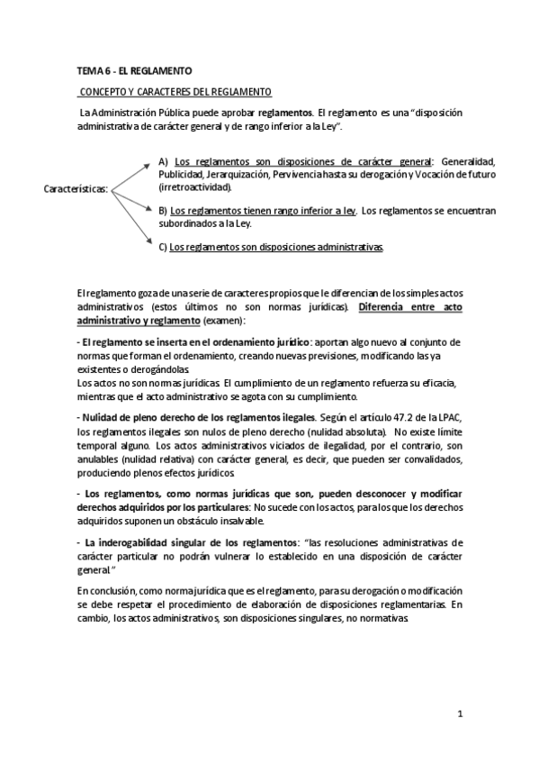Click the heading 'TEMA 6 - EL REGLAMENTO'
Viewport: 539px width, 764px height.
[x=134, y=69]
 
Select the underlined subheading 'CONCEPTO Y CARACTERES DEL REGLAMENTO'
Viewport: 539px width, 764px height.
[x=175, y=92]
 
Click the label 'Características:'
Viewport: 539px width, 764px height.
[x=76, y=189]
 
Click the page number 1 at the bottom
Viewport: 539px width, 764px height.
[x=459, y=715]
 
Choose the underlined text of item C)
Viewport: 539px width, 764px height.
[x=276, y=246]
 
